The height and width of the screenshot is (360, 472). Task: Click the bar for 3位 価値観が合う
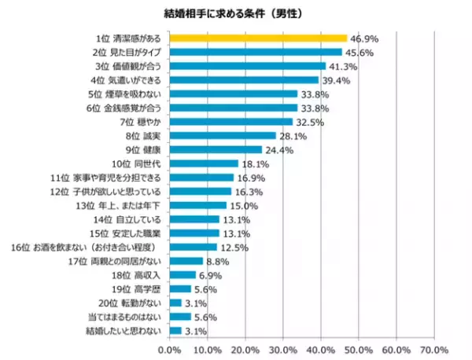[248, 66]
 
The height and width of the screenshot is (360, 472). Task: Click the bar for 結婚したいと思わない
[176, 331]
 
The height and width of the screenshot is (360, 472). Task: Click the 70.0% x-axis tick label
[434, 348]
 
